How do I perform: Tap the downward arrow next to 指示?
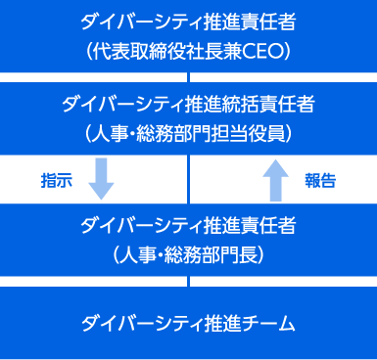point(102,177)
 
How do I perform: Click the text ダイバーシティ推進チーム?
point(188,322)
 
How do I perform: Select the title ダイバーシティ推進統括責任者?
point(188,105)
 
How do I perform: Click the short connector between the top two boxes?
point(188,77)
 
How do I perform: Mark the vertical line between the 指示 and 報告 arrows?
point(188,178)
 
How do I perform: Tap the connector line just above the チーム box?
point(188,282)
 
